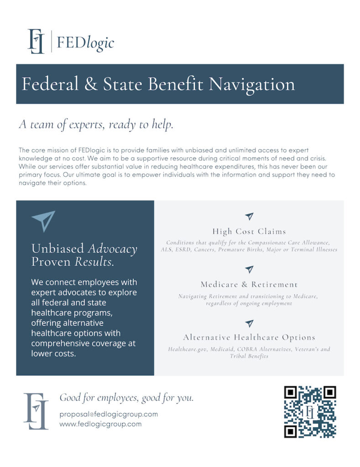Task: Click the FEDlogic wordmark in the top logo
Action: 85,43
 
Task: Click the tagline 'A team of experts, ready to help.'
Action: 96,125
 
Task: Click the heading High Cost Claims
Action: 249,231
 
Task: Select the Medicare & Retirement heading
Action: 249,284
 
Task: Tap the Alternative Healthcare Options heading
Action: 249,337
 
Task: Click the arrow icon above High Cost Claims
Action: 249,216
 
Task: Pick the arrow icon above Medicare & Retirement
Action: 249,269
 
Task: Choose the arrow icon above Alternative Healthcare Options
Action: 249,323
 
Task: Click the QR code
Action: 310,412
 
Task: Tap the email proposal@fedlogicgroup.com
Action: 109,414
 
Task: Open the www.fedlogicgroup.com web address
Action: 100,424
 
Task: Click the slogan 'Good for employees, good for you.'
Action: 126,398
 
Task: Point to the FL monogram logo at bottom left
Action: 36,410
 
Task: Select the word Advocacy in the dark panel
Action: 112,249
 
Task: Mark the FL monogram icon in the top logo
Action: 36,42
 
